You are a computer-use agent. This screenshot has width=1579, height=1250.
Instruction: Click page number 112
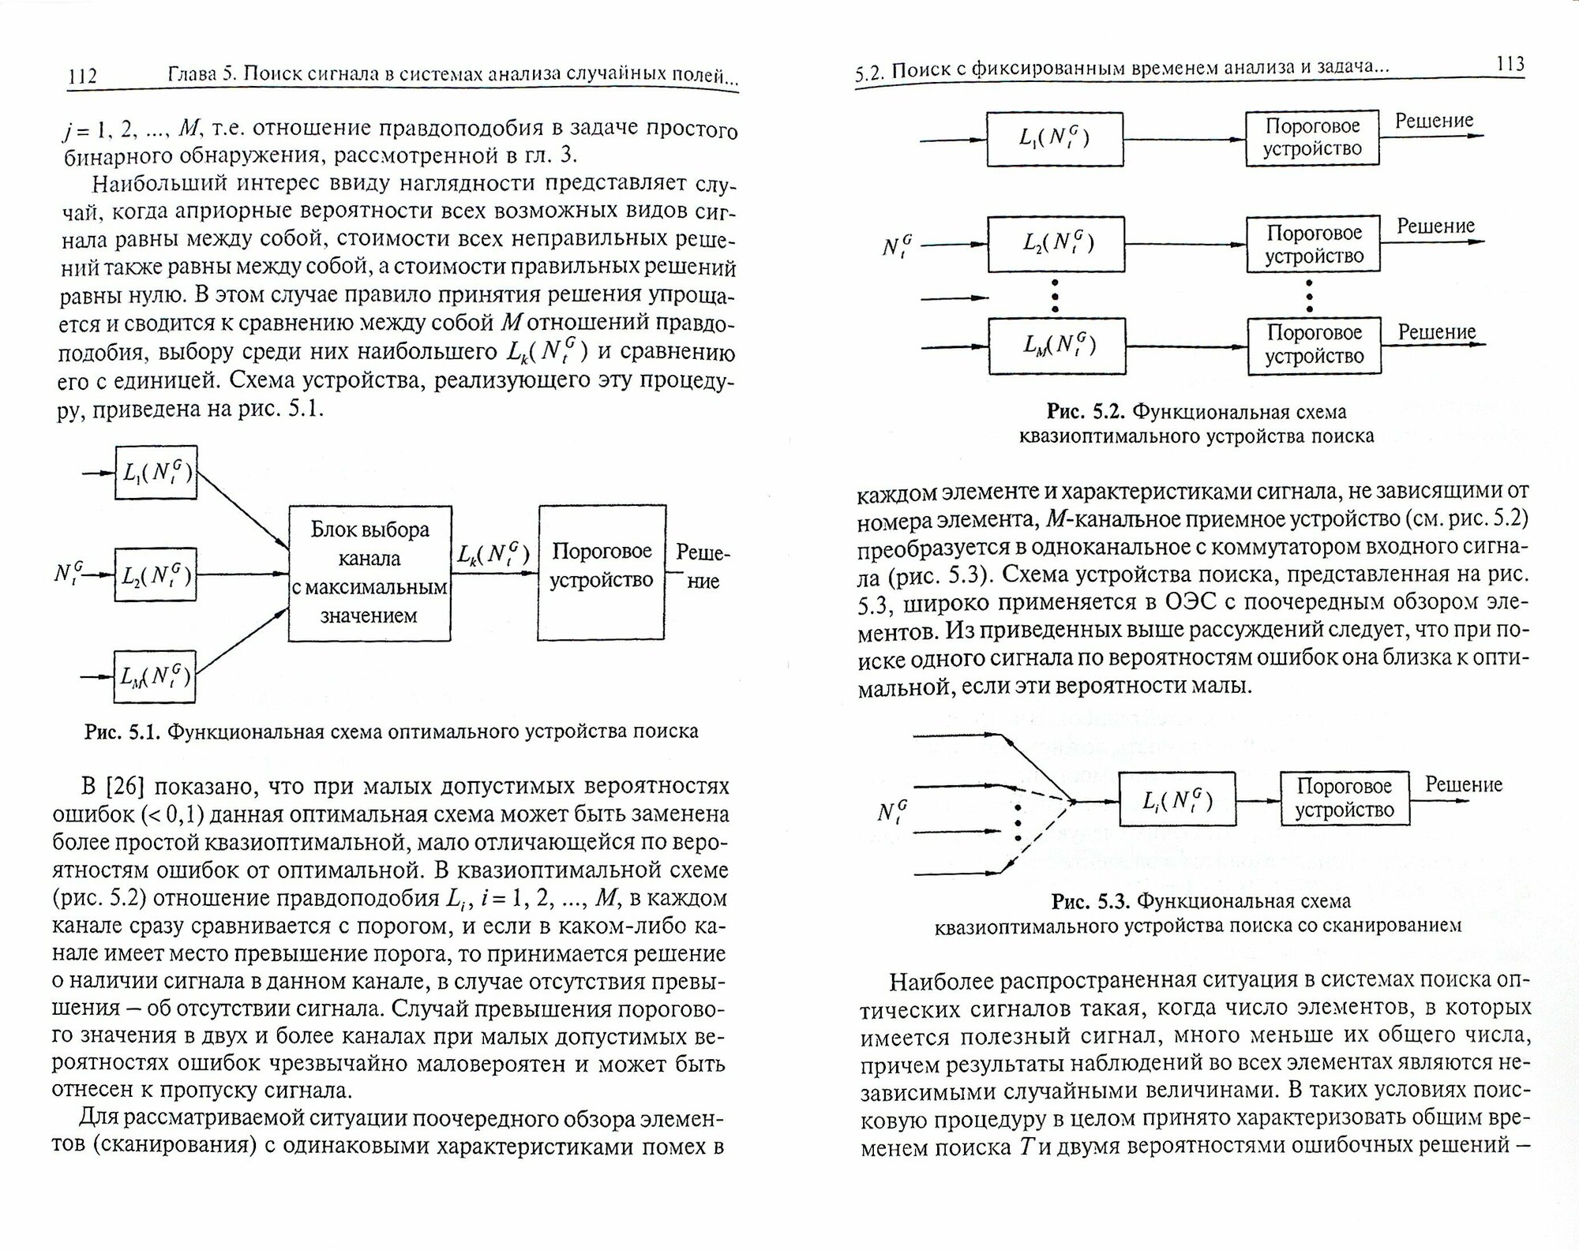[83, 76]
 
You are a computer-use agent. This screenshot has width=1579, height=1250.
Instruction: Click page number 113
[1509, 65]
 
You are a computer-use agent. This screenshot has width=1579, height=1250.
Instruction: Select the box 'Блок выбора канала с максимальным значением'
[369, 572]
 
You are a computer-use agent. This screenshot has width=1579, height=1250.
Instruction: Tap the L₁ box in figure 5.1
[156, 473]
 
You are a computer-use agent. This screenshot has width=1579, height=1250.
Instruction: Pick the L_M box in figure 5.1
[155, 676]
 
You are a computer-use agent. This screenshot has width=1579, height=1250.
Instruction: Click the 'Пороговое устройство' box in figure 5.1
[602, 572]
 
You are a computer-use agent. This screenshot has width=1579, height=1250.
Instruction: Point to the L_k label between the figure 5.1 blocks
[493, 554]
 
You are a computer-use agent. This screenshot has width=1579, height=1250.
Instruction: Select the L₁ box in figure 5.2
[1055, 139]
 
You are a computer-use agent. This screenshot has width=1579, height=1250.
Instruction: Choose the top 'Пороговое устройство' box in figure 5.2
[1312, 137]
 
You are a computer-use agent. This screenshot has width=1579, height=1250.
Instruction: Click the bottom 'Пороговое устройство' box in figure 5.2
[1314, 345]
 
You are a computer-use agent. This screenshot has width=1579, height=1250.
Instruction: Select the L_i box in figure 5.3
[1177, 800]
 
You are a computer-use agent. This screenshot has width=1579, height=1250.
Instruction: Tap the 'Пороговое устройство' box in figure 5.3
[1345, 798]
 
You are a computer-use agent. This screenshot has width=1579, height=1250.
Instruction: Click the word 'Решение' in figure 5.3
[1463, 784]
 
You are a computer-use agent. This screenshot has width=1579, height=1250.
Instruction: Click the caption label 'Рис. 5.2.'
[1086, 411]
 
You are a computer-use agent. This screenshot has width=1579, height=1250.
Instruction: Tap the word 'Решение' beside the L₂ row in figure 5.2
[1435, 226]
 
